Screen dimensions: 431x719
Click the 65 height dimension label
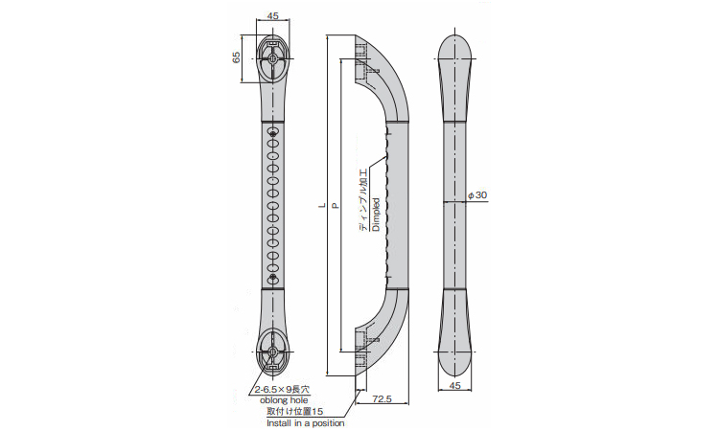point(237,57)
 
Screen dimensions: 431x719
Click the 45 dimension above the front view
point(273,14)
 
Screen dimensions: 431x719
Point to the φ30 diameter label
point(477,194)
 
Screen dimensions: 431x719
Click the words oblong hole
point(282,401)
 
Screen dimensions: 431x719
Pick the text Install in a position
point(304,422)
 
